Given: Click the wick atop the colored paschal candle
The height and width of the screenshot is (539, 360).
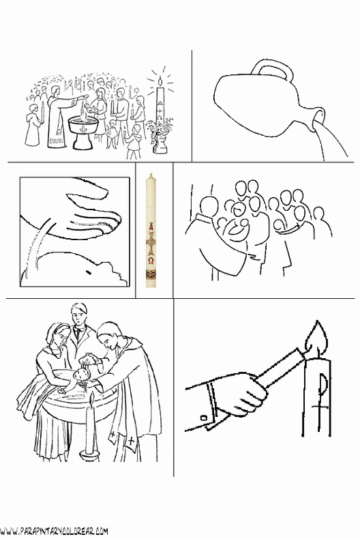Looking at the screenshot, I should [151, 175].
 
